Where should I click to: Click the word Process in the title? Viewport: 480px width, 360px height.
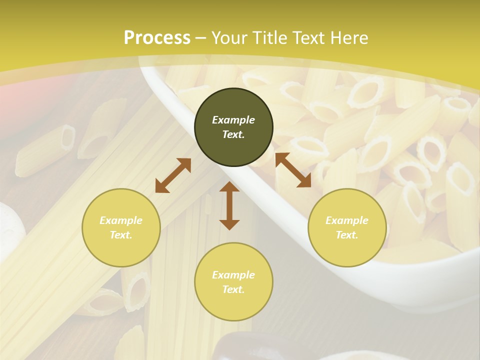click(157, 38)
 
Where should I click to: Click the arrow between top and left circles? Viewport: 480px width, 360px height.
click(173, 175)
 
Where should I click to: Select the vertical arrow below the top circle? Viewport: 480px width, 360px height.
click(229, 205)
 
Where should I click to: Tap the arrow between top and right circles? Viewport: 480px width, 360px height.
click(293, 170)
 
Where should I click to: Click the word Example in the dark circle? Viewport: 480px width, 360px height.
click(233, 120)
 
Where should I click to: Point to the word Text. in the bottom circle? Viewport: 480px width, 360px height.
click(233, 289)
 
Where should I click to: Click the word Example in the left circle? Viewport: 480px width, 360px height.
click(121, 220)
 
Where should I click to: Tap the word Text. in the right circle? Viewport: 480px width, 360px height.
click(347, 235)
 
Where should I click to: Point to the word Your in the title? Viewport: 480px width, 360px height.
click(230, 38)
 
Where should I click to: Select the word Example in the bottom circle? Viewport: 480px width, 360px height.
click(233, 275)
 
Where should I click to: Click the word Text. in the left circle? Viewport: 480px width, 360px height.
click(121, 235)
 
